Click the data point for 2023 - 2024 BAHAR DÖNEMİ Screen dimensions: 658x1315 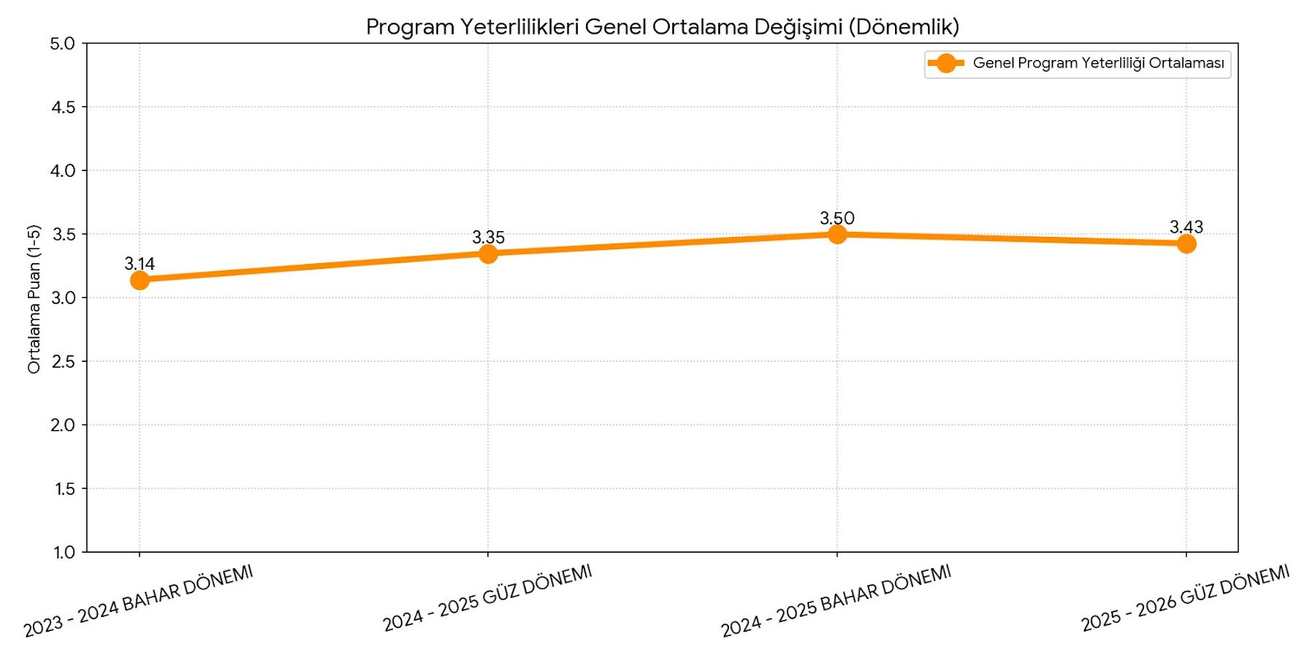pos(140,280)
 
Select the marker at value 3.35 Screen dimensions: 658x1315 pos(488,253)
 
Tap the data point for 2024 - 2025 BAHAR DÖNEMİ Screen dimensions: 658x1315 pos(837,234)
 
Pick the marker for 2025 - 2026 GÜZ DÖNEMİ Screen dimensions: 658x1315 pos(1186,243)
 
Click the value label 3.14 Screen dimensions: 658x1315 pos(140,264)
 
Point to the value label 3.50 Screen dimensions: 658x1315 pos(837,218)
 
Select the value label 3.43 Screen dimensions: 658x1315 pos(1186,227)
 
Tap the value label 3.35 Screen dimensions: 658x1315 pos(488,238)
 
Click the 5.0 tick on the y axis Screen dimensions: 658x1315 pos(62,44)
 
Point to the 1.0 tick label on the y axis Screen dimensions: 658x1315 pos(64,552)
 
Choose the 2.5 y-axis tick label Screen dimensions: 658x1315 pos(63,362)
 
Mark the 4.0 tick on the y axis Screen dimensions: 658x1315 pos(62,171)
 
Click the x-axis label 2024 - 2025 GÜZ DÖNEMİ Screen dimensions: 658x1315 pos(487,599)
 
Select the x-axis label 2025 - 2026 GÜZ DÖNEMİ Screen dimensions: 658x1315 pos(1185,599)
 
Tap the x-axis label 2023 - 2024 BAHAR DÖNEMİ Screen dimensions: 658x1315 pos(138,601)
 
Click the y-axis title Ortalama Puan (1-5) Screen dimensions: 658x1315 pos(34,299)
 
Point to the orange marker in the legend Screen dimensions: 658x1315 pos(946,63)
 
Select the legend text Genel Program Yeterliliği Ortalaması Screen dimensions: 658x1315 pos(1098,63)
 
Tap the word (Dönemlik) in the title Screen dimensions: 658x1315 pos(904,27)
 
